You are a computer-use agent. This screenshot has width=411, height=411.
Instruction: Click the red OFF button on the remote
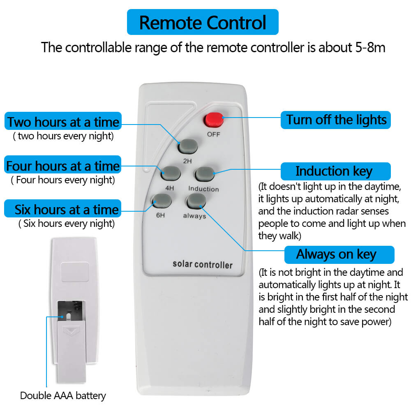(214, 120)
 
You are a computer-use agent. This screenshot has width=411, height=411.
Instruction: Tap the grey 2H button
(188, 146)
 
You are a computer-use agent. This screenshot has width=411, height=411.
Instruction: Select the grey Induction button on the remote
(205, 174)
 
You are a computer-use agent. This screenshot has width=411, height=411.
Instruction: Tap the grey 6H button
(162, 201)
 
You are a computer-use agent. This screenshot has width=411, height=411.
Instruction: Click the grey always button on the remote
(196, 201)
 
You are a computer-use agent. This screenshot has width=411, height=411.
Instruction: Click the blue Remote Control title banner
(203, 22)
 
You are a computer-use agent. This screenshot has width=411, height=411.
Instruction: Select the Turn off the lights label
(335, 120)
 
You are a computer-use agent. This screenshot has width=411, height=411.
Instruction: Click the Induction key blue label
(335, 171)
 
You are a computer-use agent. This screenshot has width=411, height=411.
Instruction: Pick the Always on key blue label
(339, 254)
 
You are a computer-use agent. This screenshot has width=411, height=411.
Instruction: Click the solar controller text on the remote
(202, 264)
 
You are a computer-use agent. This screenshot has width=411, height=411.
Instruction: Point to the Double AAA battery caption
(63, 395)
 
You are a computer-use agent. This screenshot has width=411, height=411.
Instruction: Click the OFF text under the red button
(214, 134)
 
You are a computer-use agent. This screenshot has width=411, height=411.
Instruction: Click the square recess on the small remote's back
(75, 272)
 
